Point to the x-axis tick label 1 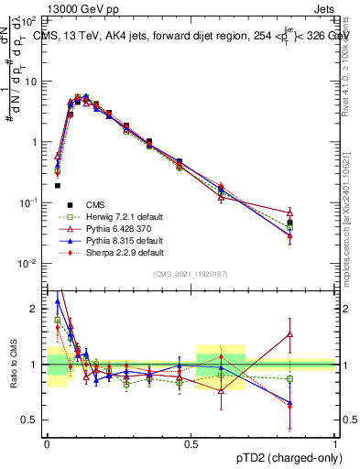click(334, 442)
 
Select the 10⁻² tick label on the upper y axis click(32, 264)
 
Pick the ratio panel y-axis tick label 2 click(37, 310)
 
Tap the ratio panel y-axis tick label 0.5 click(34, 420)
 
